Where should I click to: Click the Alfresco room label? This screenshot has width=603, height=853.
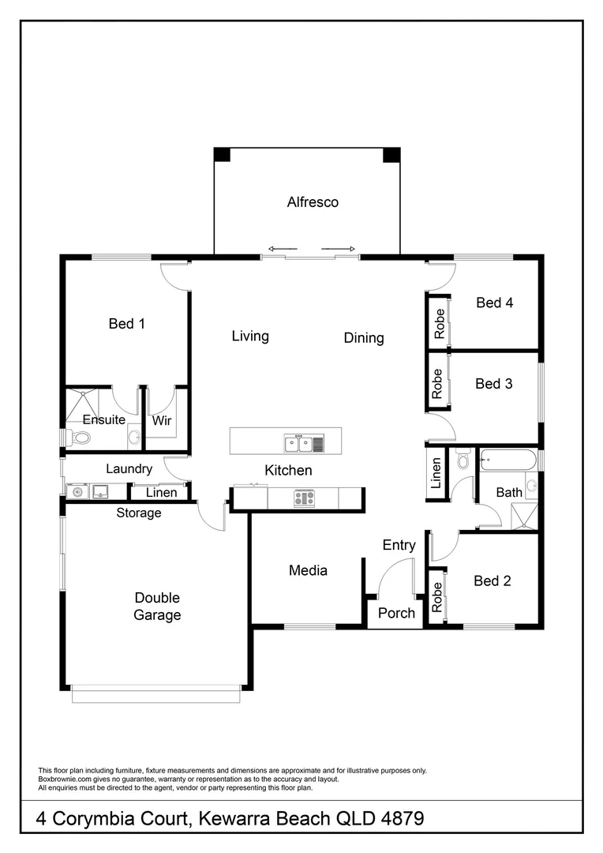(x=313, y=202)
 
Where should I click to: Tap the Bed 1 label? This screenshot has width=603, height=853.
(x=127, y=323)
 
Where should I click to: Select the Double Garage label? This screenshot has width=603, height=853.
(x=157, y=607)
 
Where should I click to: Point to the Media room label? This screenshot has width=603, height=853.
(x=308, y=570)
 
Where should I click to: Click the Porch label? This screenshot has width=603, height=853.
(x=396, y=613)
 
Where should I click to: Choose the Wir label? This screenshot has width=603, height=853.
(x=162, y=420)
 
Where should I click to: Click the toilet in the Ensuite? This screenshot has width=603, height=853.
(x=80, y=437)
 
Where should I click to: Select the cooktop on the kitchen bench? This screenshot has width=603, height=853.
(x=305, y=498)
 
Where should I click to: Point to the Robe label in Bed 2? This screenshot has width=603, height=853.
(x=436, y=598)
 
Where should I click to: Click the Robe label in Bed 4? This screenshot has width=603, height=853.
(x=439, y=323)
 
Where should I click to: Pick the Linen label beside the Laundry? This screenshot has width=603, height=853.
(x=162, y=493)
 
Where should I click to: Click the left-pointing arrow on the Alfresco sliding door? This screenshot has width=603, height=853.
(x=278, y=248)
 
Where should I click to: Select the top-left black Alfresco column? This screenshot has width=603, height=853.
(x=223, y=154)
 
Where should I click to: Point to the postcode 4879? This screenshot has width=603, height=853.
(x=398, y=818)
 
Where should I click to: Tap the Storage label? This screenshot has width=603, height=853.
(x=139, y=513)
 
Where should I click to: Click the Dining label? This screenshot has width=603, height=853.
(x=364, y=338)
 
